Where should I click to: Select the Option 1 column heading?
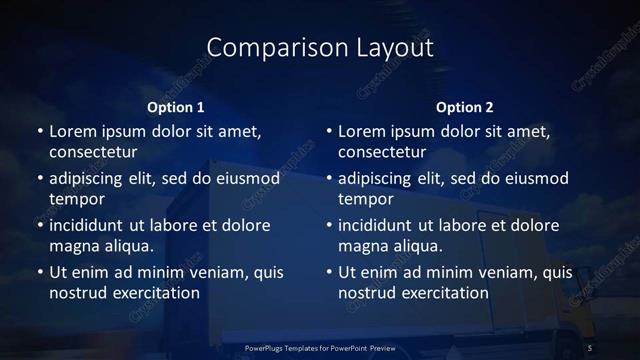click(176, 107)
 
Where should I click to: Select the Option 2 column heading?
click(465, 107)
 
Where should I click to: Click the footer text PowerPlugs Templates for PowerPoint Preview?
click(319, 346)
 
